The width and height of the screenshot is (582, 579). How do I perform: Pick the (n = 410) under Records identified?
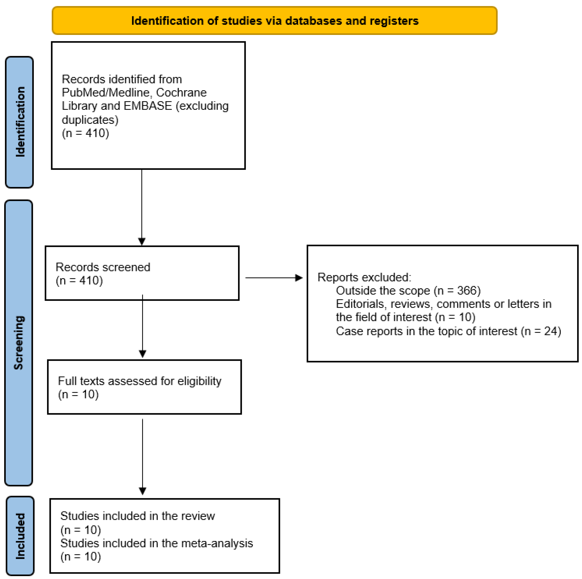(x=85, y=133)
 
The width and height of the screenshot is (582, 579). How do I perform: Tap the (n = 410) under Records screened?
(x=79, y=281)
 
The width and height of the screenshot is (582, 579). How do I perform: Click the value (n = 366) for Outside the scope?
(x=457, y=290)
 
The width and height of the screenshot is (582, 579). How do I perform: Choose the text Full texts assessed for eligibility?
(x=139, y=381)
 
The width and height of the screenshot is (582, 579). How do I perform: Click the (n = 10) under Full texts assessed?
(x=78, y=394)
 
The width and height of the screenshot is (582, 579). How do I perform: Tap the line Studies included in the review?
(x=137, y=516)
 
